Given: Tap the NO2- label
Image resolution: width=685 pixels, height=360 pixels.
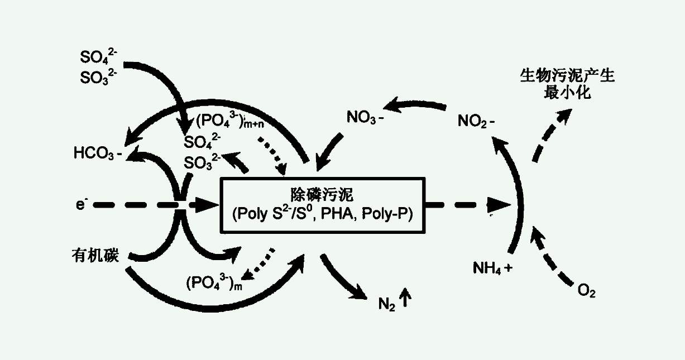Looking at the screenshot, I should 476,121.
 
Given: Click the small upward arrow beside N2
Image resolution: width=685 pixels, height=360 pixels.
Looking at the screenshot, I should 406,301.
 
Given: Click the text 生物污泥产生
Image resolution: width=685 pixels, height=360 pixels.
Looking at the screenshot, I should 567,76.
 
